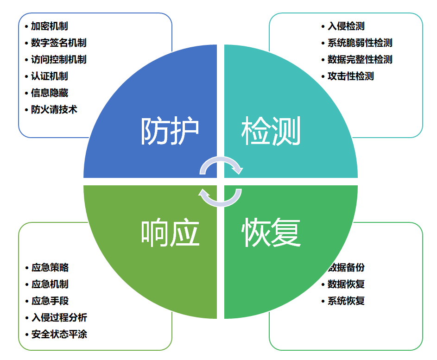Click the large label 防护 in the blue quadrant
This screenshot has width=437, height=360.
(x=170, y=132)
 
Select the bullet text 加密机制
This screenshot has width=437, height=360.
(x=50, y=26)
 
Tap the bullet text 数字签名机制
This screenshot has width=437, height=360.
(x=58, y=43)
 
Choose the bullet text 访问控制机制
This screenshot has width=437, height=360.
(x=58, y=60)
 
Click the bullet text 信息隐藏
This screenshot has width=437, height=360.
(x=50, y=93)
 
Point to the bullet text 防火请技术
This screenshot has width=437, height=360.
(x=54, y=110)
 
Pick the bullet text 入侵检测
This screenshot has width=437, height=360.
(x=346, y=26)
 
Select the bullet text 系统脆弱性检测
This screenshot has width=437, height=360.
(x=360, y=43)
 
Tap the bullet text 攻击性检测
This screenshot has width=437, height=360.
(x=350, y=76)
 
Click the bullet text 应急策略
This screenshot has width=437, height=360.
(x=50, y=268)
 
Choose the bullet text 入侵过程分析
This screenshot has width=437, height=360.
(x=59, y=318)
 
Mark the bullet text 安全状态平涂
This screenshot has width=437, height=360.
(x=59, y=335)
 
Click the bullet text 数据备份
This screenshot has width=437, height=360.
(x=347, y=268)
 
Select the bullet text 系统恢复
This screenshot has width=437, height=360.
(x=346, y=301)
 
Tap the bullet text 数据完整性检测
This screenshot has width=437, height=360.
(x=360, y=60)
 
